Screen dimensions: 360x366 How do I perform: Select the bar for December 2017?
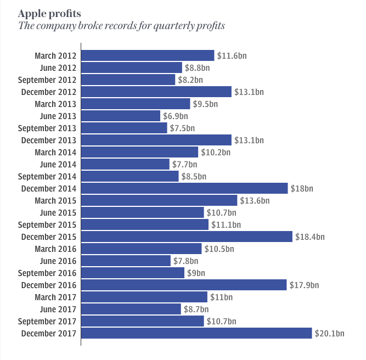coord(196,333)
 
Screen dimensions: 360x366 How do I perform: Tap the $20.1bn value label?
coord(329,333)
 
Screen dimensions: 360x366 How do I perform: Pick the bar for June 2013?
coord(121,116)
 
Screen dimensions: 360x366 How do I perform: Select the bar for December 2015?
coord(187,237)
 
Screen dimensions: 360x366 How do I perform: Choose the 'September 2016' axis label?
coord(48,273)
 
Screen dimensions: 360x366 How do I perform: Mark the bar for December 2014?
coord(184,188)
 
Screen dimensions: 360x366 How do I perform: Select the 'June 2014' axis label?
coord(59,164)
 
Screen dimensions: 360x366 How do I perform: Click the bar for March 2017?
coord(144,297)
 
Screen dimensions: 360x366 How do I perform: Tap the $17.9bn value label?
coord(304,285)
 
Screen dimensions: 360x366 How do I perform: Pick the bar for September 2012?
coord(128,80)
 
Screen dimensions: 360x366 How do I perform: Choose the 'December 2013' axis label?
coord(49,140)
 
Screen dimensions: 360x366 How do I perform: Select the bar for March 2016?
coord(142,249)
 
